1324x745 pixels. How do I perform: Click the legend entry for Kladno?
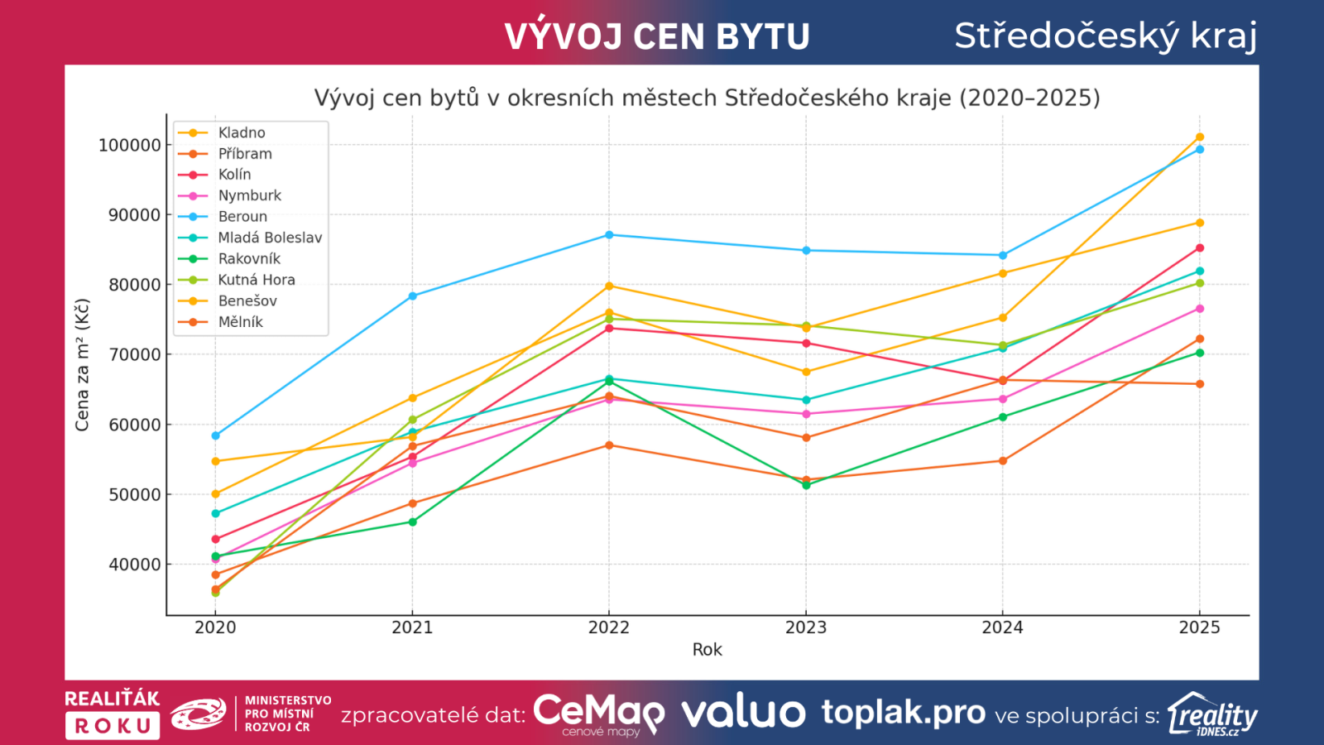pyautogui.click(x=241, y=133)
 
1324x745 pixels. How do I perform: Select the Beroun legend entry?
pyautogui.click(x=242, y=217)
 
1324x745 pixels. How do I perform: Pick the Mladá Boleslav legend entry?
pyautogui.click(x=269, y=238)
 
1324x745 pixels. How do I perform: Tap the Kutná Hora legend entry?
pyautogui.click(x=256, y=280)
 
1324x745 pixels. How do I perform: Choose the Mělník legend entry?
pyautogui.click(x=240, y=322)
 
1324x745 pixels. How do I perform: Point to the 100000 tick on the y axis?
pyautogui.click(x=130, y=146)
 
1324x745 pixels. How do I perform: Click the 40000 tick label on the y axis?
pyautogui.click(x=134, y=565)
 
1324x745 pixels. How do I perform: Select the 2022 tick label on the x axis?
pyautogui.click(x=609, y=627)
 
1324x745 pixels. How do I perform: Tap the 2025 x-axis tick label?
pyautogui.click(x=1199, y=627)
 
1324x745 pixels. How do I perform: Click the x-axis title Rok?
pyautogui.click(x=707, y=650)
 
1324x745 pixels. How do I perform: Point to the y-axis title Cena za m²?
pyautogui.click(x=82, y=365)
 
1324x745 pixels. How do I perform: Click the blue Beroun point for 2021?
pyautogui.click(x=413, y=296)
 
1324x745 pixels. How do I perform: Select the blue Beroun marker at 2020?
pyautogui.click(x=216, y=435)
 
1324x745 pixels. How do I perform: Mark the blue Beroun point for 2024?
pyautogui.click(x=1003, y=256)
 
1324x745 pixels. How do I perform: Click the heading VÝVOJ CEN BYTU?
pyautogui.click(x=657, y=36)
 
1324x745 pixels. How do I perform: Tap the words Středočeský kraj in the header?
pyautogui.click(x=1106, y=36)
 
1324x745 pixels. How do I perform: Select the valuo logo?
pyautogui.click(x=743, y=713)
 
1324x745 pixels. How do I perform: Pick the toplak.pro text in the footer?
pyautogui.click(x=903, y=712)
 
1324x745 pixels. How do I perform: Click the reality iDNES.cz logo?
pyautogui.click(x=1212, y=714)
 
